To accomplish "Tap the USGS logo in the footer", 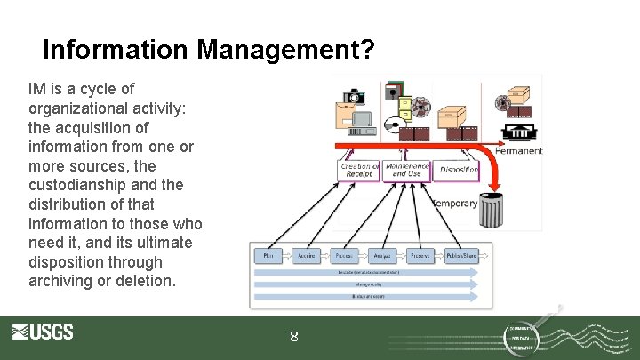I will point(43,332).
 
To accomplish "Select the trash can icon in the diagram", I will point(491,210).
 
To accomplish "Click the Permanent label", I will point(518,151).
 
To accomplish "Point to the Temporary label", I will point(455,204).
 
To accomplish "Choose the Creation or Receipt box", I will point(359,170).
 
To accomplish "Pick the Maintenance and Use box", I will point(407,169).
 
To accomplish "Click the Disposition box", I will point(458,170).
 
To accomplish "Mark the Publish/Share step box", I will point(460,256).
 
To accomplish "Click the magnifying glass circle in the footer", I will point(532,335).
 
